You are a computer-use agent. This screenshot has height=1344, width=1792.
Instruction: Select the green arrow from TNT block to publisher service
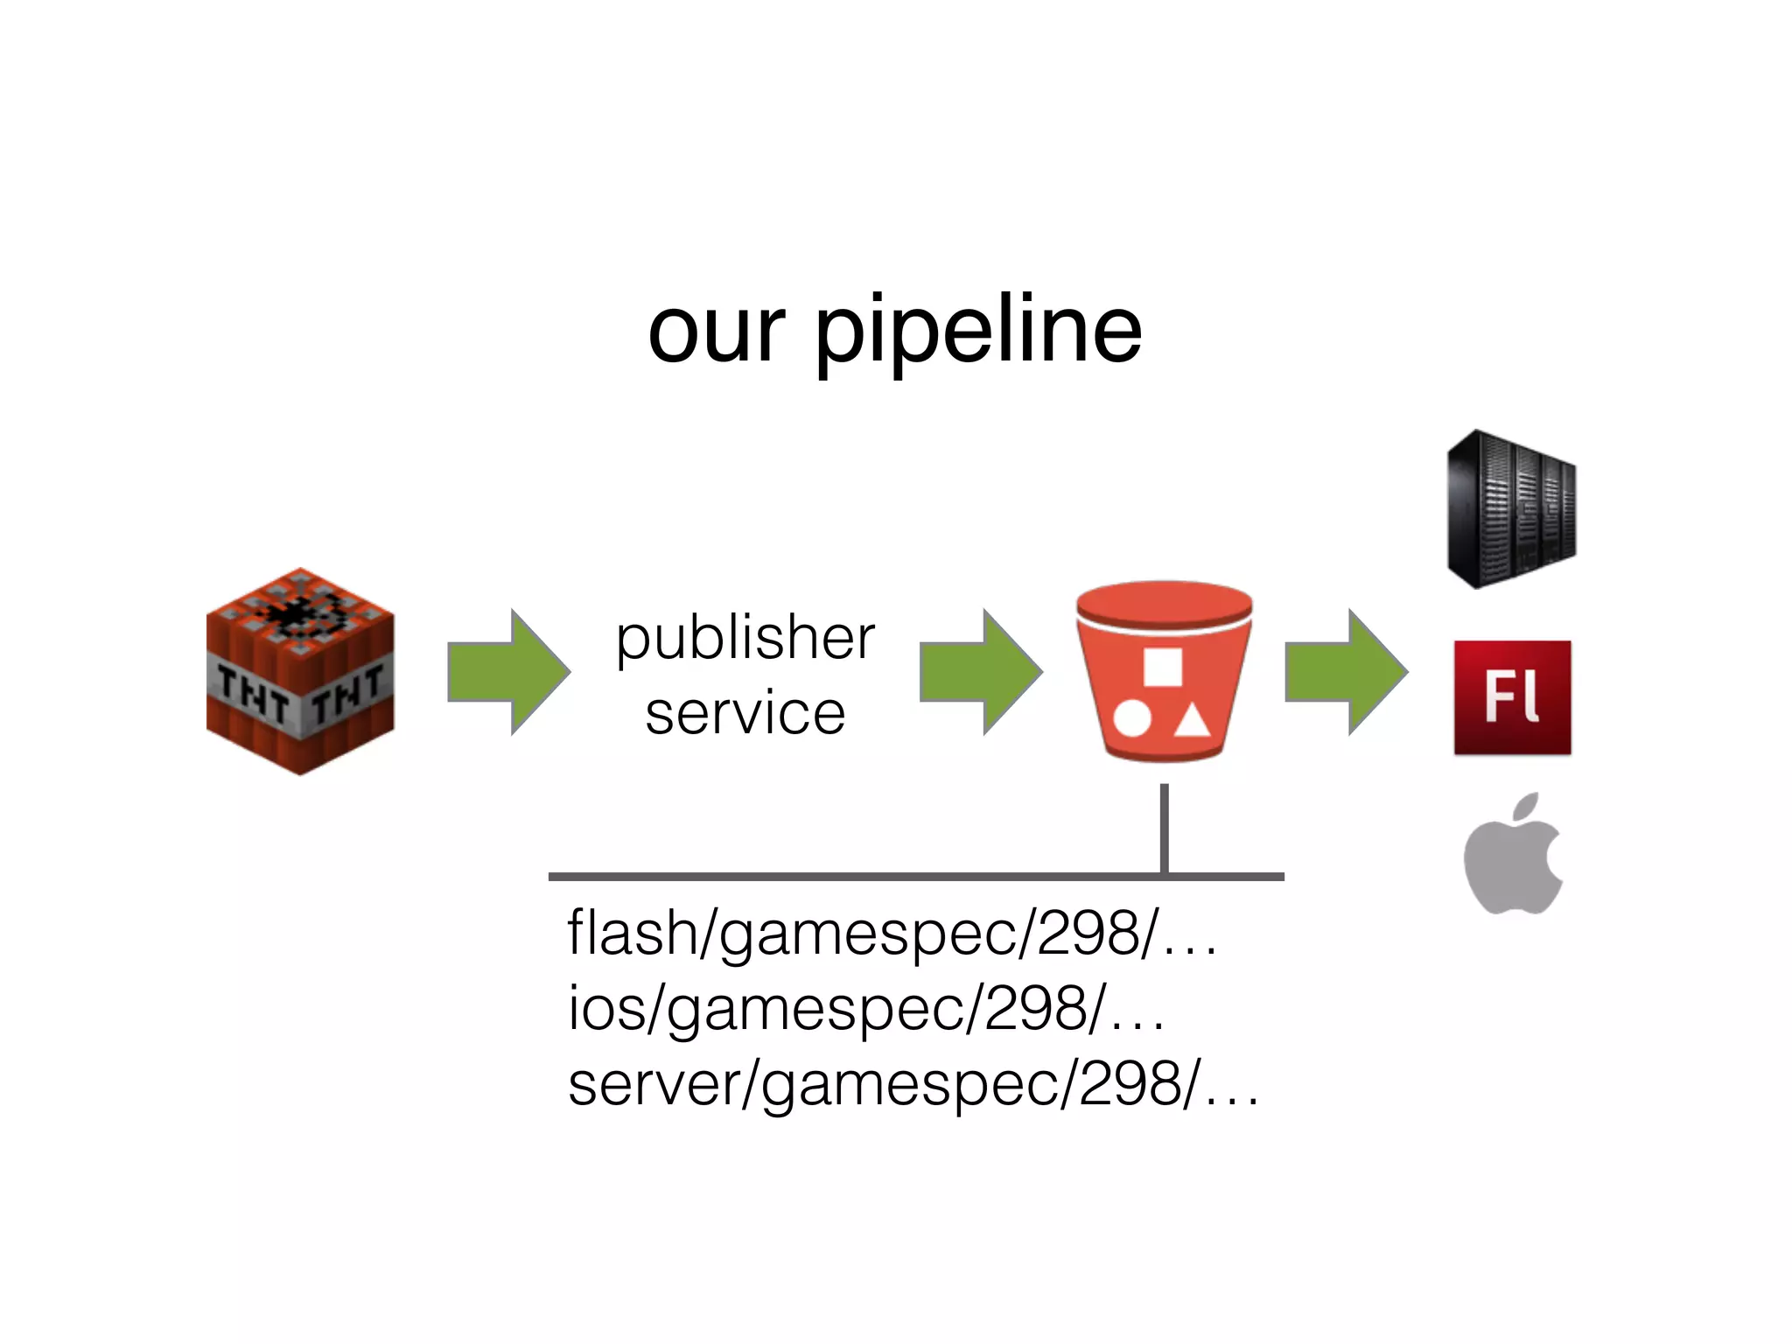(x=508, y=672)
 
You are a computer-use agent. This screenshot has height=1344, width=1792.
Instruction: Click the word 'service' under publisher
(x=745, y=712)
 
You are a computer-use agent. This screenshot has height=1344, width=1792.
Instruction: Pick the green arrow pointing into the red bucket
(x=981, y=672)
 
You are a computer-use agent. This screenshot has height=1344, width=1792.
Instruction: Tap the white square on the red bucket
(x=1162, y=667)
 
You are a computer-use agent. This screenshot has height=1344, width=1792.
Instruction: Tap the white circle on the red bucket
(x=1132, y=719)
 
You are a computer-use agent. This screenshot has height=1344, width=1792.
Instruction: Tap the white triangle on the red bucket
(x=1191, y=723)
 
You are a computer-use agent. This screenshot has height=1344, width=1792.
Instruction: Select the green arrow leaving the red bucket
(x=1346, y=672)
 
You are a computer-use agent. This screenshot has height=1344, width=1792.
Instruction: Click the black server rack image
(x=1511, y=509)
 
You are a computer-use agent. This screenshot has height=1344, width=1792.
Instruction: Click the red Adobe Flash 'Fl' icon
(x=1512, y=697)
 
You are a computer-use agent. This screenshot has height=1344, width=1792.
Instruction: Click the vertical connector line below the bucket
(x=1164, y=827)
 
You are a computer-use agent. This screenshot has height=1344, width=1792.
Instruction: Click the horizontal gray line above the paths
(x=875, y=876)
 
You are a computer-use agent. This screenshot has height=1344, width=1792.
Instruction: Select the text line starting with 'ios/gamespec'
(x=866, y=1008)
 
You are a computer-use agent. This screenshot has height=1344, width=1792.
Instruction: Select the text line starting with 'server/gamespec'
(x=912, y=1083)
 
